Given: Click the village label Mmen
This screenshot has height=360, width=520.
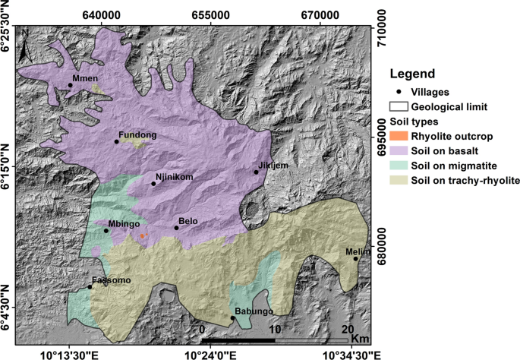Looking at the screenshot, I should pos(85,78).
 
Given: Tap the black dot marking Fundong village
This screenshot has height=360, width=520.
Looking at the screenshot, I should pos(116,141).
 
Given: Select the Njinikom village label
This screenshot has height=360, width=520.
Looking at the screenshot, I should pos(175,177).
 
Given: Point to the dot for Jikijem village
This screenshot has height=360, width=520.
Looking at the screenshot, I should pos(257,172).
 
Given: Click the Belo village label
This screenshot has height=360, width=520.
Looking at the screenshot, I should pos(188,221).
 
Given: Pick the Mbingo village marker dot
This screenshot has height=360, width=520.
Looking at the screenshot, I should pos(106,231).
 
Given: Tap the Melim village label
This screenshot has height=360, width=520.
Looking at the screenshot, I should pos(358,251).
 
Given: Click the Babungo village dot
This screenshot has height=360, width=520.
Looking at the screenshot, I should pos(232,318).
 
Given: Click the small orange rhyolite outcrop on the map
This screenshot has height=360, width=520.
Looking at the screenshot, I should pos(142,236).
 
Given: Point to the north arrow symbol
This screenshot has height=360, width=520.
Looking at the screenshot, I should pos(25,44).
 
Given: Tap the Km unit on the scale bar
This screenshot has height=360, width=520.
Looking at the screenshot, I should pos(360,338).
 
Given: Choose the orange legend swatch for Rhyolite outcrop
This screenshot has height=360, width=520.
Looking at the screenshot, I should pos(398,136).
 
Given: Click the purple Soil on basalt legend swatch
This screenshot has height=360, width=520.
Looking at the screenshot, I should pos(398,150).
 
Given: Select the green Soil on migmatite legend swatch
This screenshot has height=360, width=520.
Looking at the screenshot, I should pos(398,165).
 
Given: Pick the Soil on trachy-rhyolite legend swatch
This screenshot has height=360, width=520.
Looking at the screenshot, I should pos(398,180).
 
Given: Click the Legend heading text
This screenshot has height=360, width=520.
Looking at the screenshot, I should pos(412,74).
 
